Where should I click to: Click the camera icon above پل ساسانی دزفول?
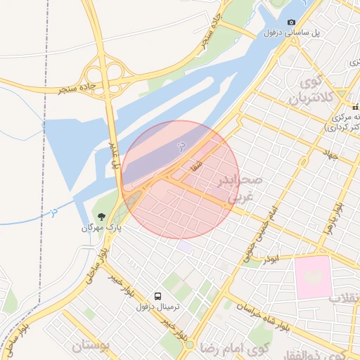point(292,22)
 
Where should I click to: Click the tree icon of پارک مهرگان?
point(102,216)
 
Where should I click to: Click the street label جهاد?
point(330,153)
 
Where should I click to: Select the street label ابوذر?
point(271,259)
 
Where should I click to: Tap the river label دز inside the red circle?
point(180,146)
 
